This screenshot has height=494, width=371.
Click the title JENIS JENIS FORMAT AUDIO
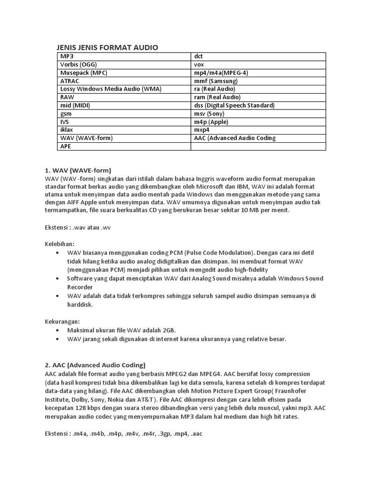107,47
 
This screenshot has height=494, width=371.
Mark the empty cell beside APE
258,146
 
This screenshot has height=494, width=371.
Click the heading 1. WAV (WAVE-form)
78,170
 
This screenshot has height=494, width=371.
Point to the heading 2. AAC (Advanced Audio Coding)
95,365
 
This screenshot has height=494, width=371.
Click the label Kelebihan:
60,244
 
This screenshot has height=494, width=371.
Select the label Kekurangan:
62,321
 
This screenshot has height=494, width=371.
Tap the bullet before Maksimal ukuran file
58,330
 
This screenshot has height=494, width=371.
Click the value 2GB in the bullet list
168,330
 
